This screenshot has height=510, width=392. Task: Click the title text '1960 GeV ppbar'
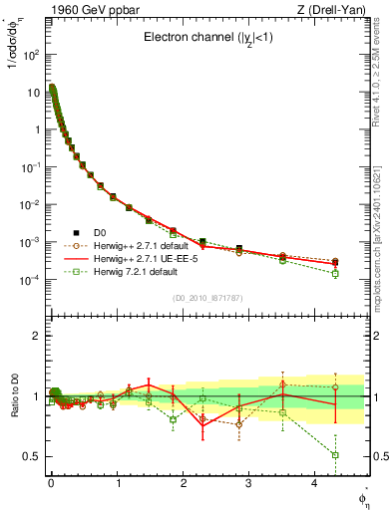[84, 9]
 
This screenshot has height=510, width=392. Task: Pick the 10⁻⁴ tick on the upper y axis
[32, 280]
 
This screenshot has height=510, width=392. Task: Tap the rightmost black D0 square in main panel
[335, 262]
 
